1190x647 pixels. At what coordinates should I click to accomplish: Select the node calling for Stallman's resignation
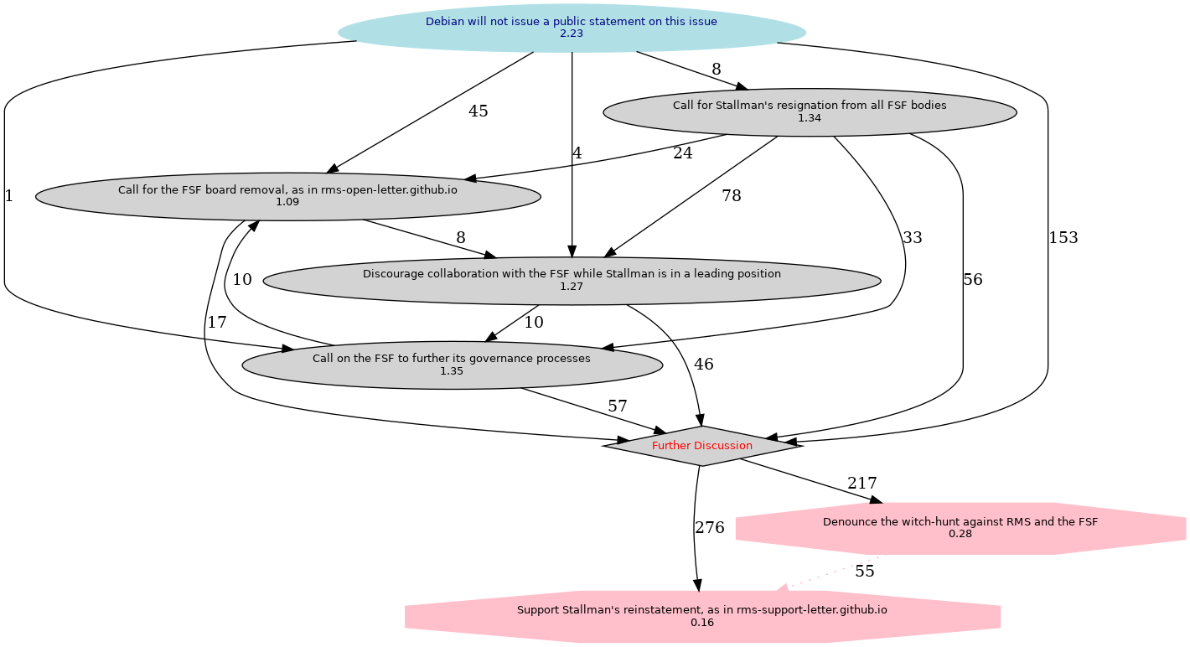point(810,111)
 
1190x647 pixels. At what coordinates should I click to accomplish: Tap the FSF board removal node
point(287,196)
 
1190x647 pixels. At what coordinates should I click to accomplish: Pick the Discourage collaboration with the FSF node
point(572,281)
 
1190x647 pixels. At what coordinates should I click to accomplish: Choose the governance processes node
point(452,365)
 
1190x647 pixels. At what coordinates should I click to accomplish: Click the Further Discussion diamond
point(702,446)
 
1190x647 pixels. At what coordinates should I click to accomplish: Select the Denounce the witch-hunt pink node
point(960,528)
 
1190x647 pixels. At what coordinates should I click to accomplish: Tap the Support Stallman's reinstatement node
point(702,616)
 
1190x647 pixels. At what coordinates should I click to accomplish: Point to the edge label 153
point(1063,238)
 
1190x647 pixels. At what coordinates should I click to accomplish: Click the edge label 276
point(710,528)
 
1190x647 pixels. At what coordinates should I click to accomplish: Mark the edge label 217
point(861,484)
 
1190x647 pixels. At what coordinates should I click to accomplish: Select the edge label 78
point(732,196)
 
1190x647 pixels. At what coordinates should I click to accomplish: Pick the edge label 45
point(479,111)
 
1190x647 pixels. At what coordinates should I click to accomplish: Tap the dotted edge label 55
point(865,572)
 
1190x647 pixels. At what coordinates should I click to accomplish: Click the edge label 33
point(913,238)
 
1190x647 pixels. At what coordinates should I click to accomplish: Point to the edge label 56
point(973,281)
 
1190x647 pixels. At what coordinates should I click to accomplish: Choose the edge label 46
point(704,365)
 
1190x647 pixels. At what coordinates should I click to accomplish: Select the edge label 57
point(618,406)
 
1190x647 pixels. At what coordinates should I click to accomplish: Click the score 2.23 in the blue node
point(572,34)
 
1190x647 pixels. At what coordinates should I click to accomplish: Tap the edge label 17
point(217,323)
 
